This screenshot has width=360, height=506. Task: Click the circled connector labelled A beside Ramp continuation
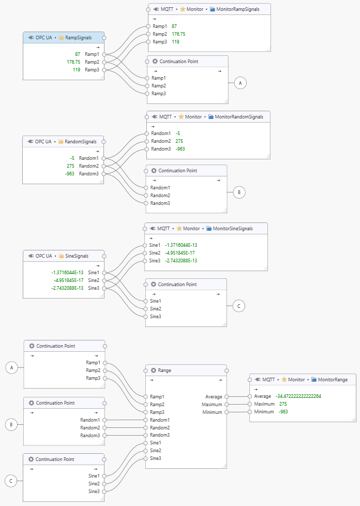click(x=239, y=82)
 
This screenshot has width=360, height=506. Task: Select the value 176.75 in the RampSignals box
click(x=73, y=62)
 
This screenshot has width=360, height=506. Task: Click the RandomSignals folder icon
click(x=61, y=141)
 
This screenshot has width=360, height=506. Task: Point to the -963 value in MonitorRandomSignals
click(x=180, y=148)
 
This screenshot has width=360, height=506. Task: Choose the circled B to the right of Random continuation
click(x=238, y=192)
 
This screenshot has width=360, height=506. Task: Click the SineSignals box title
click(x=73, y=256)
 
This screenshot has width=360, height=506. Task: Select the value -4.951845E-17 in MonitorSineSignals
click(x=181, y=252)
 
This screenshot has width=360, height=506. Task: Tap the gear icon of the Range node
click(x=154, y=370)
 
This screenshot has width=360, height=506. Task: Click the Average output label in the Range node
click(x=213, y=397)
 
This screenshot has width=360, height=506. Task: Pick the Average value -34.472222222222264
click(x=298, y=396)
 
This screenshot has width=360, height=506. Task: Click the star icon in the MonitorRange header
click(x=284, y=379)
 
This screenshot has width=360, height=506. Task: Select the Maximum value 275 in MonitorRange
click(x=283, y=404)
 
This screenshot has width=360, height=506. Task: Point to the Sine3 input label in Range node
click(x=155, y=458)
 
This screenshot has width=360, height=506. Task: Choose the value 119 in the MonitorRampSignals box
click(x=175, y=42)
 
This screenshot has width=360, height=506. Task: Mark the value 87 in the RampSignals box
click(x=78, y=54)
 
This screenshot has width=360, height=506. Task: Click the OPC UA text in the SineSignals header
click(x=43, y=256)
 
